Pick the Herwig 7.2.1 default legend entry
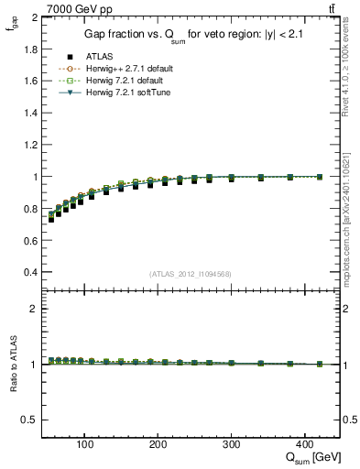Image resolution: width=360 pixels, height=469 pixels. tap(124, 81)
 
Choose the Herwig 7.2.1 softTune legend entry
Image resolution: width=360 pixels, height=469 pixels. tap(125, 93)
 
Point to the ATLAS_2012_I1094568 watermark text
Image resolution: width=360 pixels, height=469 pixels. tap(191, 274)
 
